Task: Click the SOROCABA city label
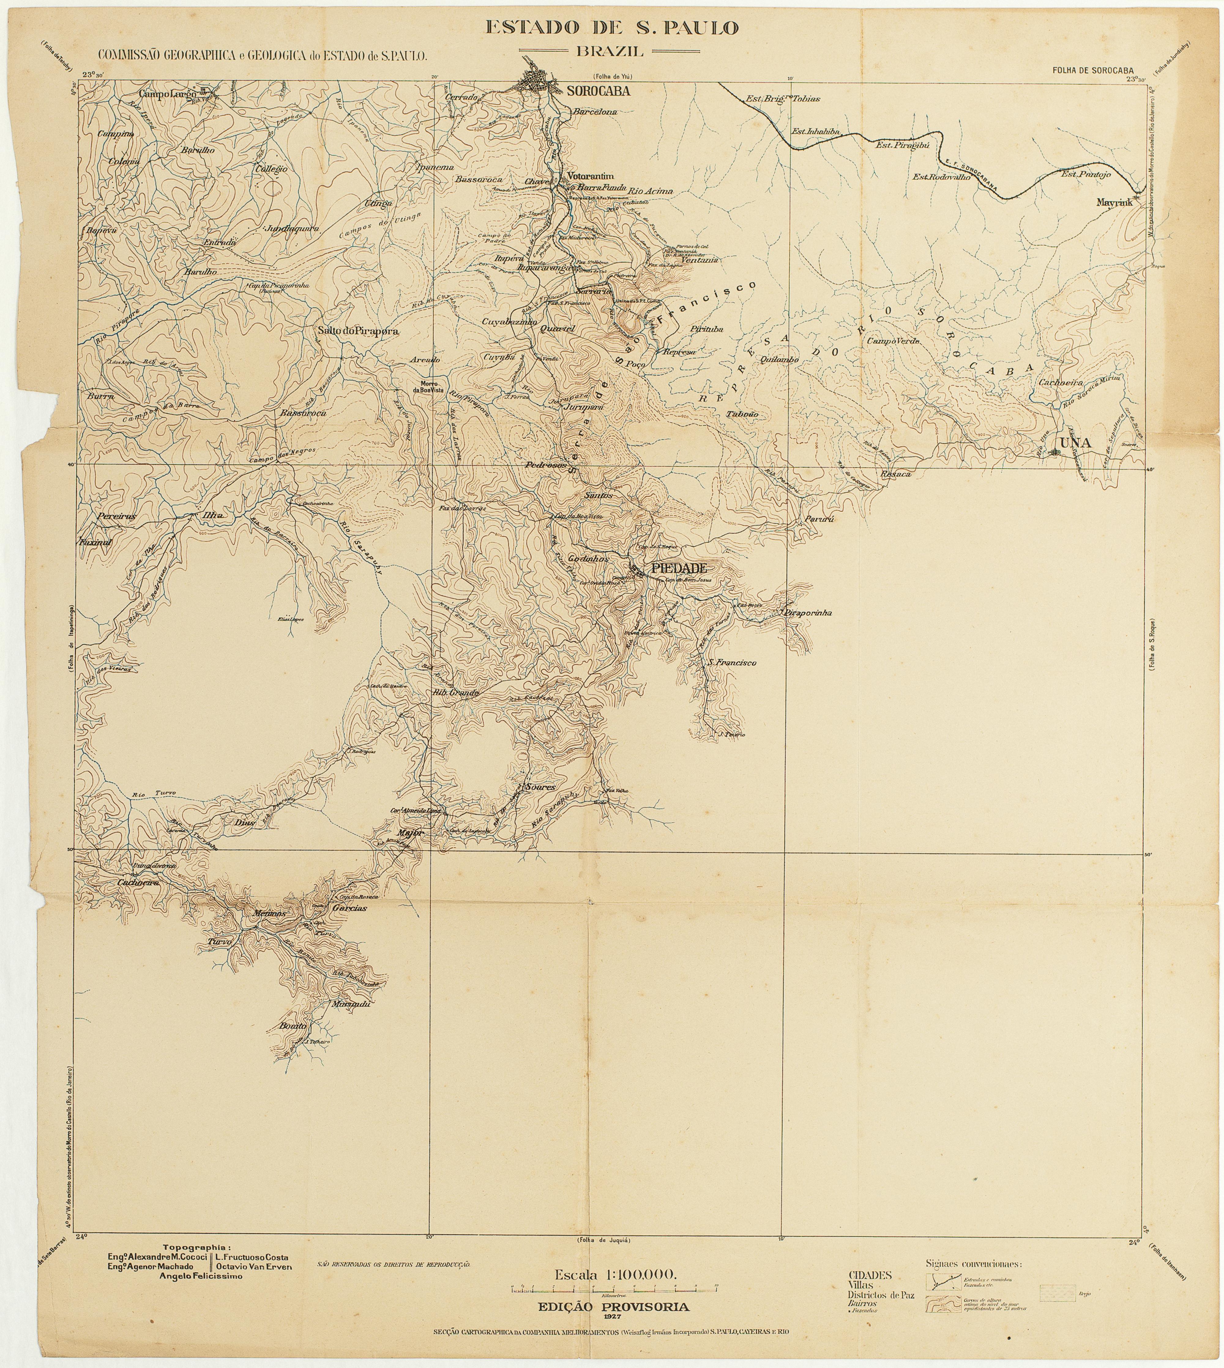tap(599, 92)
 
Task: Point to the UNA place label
tap(1075, 443)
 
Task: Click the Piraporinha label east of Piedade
tap(808, 613)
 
